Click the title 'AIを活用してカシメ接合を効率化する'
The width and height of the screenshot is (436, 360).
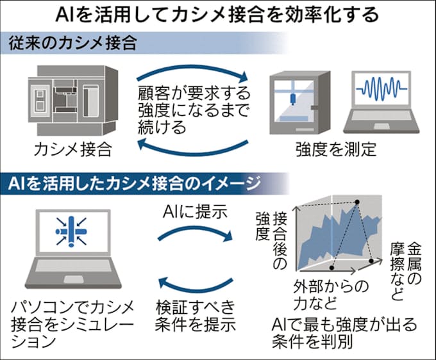(217, 14)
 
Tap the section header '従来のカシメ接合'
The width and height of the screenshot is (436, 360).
(73, 44)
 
